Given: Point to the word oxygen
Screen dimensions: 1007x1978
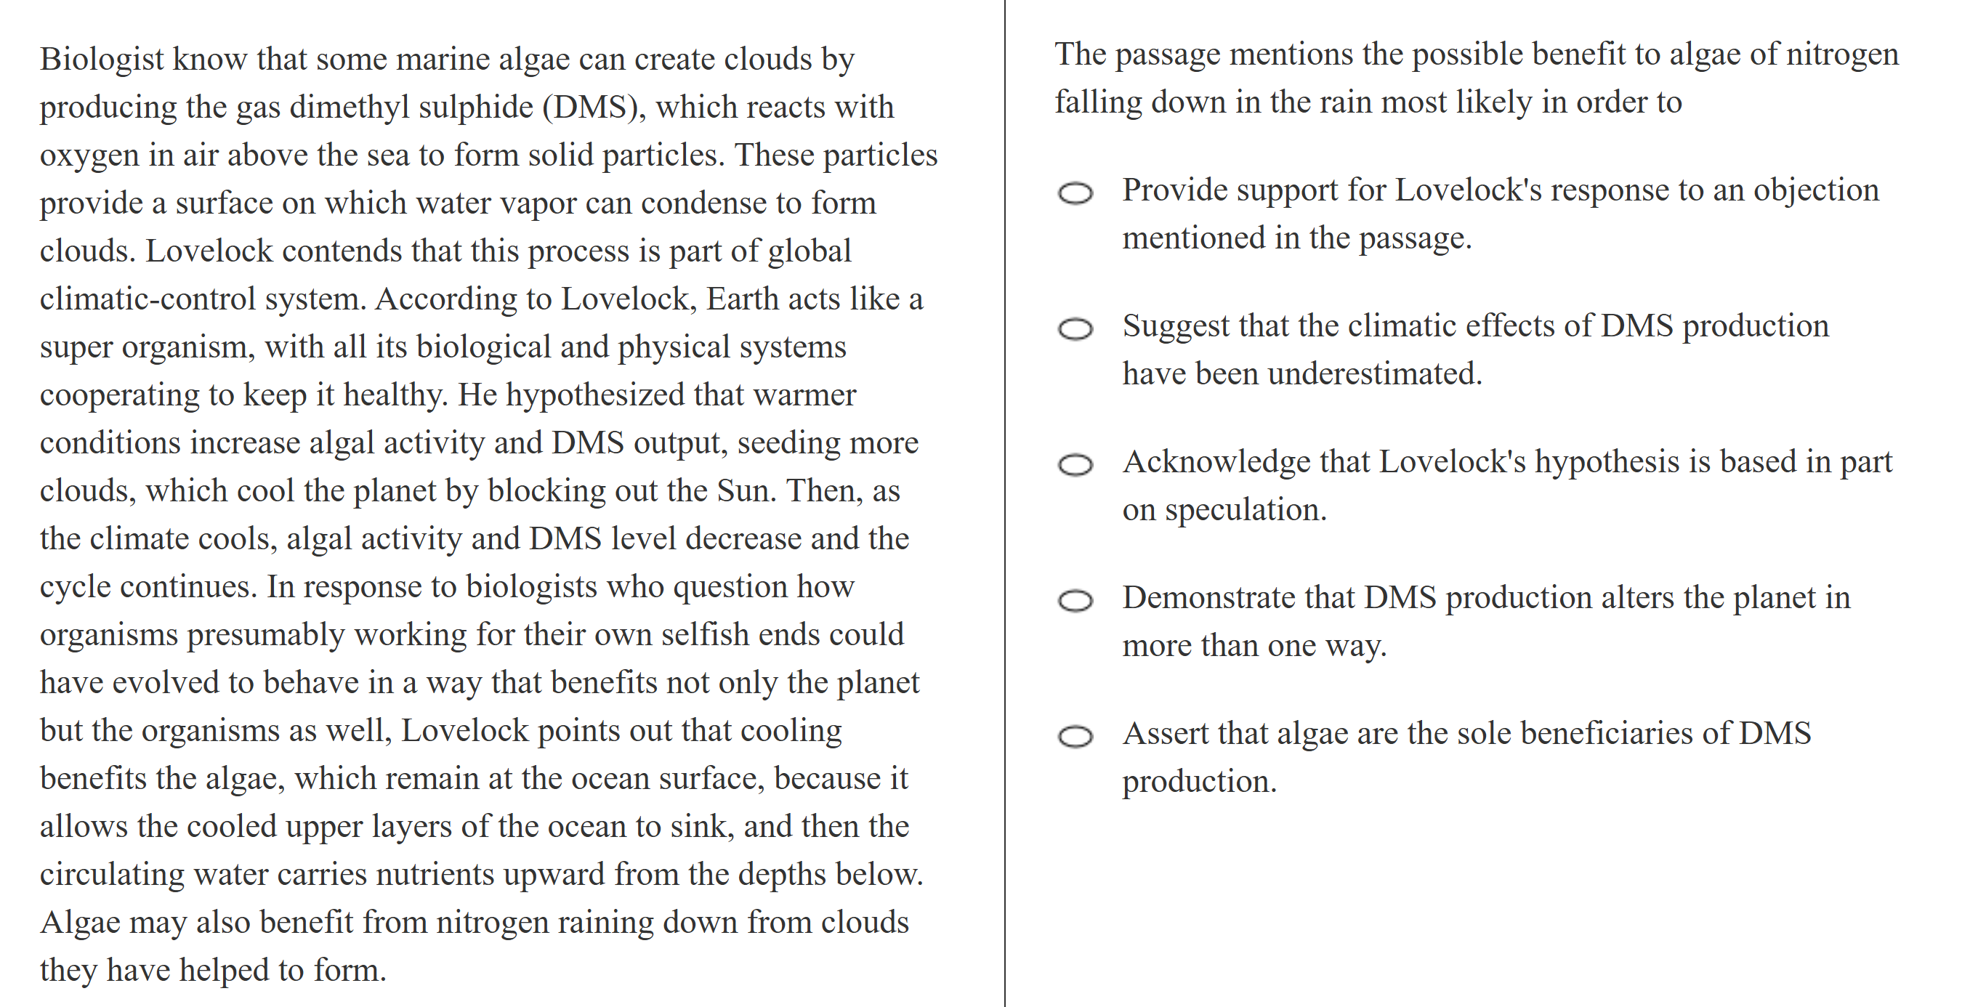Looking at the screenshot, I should [x=89, y=155].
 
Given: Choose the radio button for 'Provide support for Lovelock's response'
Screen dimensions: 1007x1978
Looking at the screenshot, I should [x=1075, y=193].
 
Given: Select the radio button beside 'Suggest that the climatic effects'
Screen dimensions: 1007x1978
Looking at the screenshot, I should [x=1075, y=329].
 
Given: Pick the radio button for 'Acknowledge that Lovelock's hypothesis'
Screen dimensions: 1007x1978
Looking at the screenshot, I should [x=1075, y=464].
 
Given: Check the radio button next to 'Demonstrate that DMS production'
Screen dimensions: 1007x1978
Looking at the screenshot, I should [x=1075, y=600].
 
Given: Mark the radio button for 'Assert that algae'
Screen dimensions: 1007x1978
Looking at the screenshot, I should [x=1075, y=736].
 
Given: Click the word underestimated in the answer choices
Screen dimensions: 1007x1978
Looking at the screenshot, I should [x=1373, y=373].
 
